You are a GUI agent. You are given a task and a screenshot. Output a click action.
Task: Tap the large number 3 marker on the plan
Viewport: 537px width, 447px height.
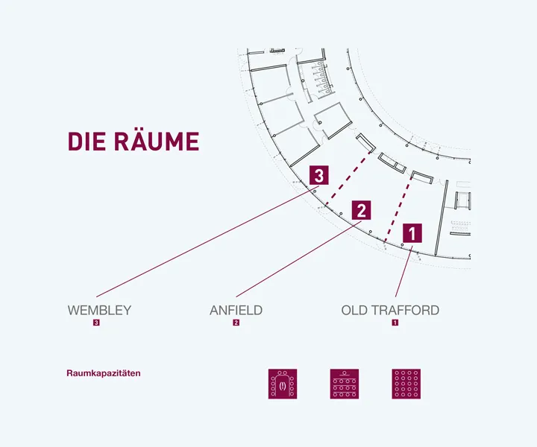(x=318, y=176)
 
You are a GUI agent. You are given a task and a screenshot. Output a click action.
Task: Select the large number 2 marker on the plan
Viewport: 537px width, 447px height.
(x=361, y=210)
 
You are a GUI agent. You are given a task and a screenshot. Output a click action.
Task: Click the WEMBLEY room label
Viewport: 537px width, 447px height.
(x=99, y=310)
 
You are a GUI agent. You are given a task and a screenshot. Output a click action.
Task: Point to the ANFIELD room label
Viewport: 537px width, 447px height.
(x=236, y=310)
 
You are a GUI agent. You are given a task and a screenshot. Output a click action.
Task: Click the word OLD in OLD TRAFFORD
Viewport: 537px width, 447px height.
(x=354, y=310)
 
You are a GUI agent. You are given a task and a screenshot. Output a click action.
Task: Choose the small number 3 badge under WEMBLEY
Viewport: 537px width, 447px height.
(x=97, y=323)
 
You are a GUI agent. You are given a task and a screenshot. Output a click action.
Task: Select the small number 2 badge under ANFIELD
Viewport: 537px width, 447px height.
(x=236, y=323)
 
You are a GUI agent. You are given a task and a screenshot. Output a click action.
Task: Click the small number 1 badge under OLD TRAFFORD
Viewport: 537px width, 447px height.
(x=395, y=323)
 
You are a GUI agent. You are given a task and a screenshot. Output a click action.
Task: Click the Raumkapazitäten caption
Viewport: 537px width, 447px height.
(x=104, y=373)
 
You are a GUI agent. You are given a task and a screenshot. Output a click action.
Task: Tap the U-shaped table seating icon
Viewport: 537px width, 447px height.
(x=283, y=383)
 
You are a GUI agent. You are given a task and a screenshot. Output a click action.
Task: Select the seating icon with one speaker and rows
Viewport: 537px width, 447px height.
(x=345, y=383)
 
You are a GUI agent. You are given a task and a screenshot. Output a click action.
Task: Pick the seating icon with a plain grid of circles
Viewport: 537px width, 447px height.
(x=406, y=383)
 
